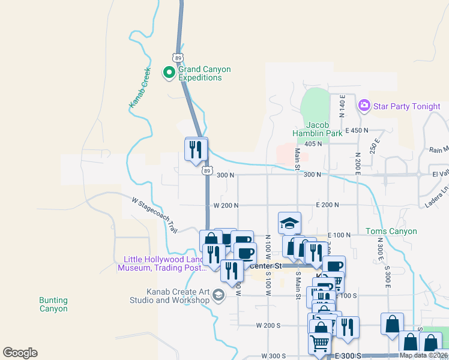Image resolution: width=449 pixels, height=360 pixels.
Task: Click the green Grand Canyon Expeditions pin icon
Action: (169, 73)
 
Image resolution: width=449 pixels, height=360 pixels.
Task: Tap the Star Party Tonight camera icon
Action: (364, 106)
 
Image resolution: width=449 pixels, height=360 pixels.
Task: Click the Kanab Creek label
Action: (139, 88)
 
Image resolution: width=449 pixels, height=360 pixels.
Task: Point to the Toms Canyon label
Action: (391, 231)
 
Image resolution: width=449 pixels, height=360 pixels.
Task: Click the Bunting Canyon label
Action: (53, 304)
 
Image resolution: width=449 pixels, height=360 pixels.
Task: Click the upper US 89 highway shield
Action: (176, 58)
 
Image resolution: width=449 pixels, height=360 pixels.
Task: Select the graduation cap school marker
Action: (289, 222)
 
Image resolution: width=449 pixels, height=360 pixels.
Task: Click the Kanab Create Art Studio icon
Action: (218, 294)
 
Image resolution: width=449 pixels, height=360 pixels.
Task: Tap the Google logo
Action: (20, 353)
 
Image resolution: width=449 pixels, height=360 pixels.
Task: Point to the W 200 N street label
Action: (226, 205)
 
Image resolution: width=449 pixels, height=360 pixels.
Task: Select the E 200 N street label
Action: (328, 205)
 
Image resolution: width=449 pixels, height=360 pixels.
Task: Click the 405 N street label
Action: (313, 144)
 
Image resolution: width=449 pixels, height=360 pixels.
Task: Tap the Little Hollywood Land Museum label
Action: (161, 263)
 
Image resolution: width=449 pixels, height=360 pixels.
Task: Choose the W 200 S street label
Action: (268, 325)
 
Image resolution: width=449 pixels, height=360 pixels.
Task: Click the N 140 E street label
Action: (342, 105)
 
